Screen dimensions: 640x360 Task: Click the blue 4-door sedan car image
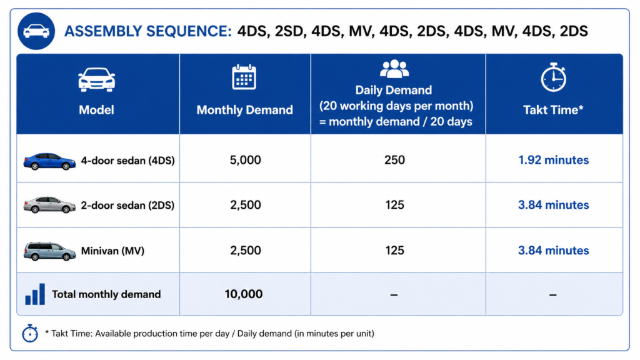pyautogui.click(x=49, y=161)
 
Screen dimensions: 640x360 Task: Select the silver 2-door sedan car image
pyautogui.click(x=49, y=205)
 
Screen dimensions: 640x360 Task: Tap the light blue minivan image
pyautogui.click(x=49, y=251)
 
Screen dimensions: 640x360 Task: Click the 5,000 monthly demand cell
pyautogui.click(x=245, y=160)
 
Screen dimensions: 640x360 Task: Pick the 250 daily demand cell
pyautogui.click(x=394, y=160)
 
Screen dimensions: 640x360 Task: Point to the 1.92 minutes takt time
pyautogui.click(x=553, y=160)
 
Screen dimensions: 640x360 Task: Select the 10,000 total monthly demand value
pyautogui.click(x=244, y=294)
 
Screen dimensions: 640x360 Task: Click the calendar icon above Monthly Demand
pyautogui.click(x=244, y=77)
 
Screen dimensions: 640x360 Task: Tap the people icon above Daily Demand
pyautogui.click(x=394, y=69)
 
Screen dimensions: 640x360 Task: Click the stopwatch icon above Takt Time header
pyautogui.click(x=553, y=77)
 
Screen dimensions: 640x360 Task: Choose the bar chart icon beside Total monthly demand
pyautogui.click(x=35, y=294)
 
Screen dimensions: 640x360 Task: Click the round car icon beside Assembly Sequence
pyautogui.click(x=36, y=31)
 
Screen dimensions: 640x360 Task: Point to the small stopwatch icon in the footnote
pyautogui.click(x=30, y=333)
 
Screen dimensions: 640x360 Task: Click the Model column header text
pyautogui.click(x=96, y=110)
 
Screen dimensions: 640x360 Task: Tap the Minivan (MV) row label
pyautogui.click(x=112, y=251)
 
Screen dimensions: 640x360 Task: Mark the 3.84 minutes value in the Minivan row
pyautogui.click(x=553, y=250)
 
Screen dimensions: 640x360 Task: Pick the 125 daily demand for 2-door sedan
pyautogui.click(x=394, y=205)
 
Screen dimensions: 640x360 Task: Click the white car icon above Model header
pyautogui.click(x=97, y=79)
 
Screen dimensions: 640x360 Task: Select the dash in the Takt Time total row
pyautogui.click(x=552, y=295)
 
